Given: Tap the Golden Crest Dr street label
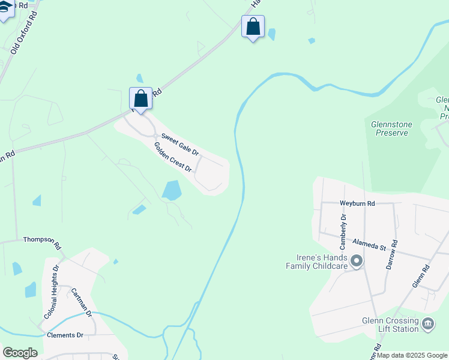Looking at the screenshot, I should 172,157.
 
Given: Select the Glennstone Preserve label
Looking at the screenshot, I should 391,128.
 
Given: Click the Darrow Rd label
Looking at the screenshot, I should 393,254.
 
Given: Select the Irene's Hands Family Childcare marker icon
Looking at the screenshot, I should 357,261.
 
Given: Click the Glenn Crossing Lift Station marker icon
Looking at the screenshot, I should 428,324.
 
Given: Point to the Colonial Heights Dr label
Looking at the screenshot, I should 51,292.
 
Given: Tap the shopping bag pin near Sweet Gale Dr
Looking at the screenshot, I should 140,98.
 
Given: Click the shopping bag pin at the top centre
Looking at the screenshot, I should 253,27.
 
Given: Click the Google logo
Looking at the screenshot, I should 20,353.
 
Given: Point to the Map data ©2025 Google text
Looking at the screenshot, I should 412,355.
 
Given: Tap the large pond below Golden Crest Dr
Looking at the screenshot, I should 172,190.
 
